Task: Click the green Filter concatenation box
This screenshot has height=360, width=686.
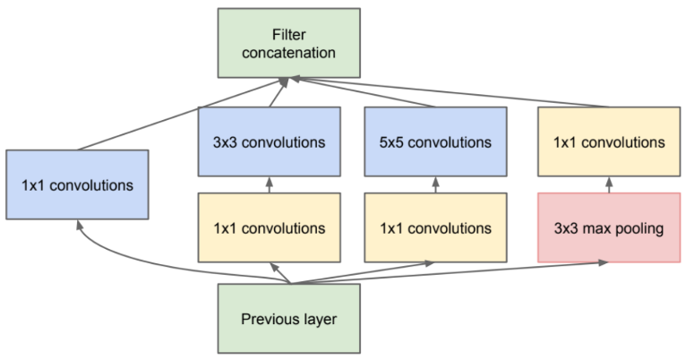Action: [288, 43]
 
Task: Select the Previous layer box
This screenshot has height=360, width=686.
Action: [288, 318]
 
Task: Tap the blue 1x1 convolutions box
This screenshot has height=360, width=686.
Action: [76, 185]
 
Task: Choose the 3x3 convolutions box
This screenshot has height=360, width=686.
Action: [269, 141]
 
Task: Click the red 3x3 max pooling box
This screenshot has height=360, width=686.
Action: [608, 227]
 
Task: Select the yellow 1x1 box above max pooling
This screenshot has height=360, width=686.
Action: [608, 141]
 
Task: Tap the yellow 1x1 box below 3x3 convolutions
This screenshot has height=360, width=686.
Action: [269, 227]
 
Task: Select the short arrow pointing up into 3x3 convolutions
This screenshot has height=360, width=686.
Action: [269, 184]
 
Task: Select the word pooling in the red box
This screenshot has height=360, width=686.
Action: [637, 227]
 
